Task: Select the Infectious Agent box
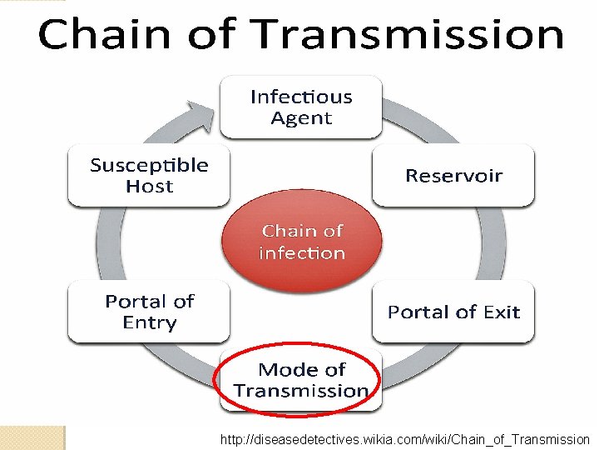click(x=300, y=107)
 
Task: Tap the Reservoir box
click(x=453, y=175)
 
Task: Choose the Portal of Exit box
click(x=453, y=312)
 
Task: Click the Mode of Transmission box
click(x=300, y=380)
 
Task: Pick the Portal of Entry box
click(x=149, y=312)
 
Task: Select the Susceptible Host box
click(x=149, y=175)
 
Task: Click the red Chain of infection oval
click(x=301, y=242)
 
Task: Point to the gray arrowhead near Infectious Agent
click(x=200, y=112)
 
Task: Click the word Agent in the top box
click(x=301, y=118)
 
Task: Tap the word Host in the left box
click(x=149, y=187)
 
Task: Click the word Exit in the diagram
click(x=502, y=312)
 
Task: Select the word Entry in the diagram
click(x=150, y=323)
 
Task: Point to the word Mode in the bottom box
click(x=288, y=369)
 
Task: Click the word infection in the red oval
click(x=301, y=253)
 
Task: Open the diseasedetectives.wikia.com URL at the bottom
click(x=404, y=439)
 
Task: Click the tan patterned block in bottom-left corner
click(x=32, y=437)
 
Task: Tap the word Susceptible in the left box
click(x=149, y=165)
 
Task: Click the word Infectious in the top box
click(x=301, y=97)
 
